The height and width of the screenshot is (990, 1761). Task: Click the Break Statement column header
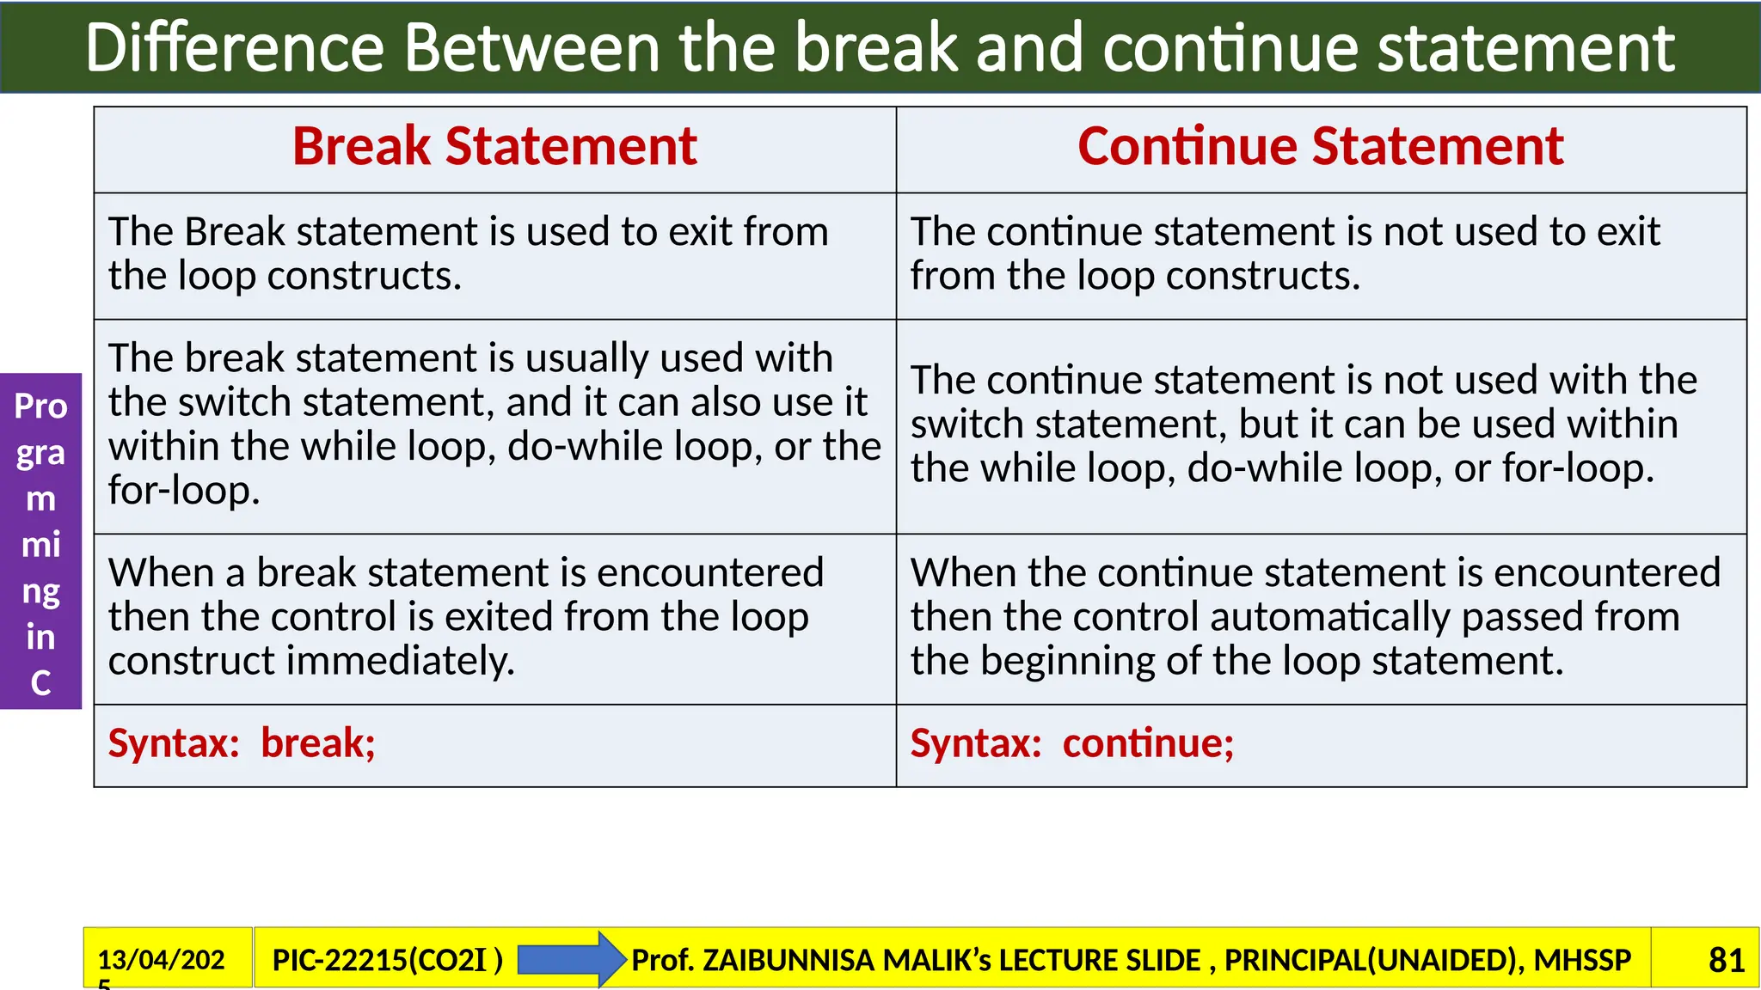point(494,147)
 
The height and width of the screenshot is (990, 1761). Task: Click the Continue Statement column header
point(1320,147)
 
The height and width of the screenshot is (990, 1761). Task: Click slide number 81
point(1726,960)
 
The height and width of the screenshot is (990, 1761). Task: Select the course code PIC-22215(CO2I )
point(387,960)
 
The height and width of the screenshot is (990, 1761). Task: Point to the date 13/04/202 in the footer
point(161,960)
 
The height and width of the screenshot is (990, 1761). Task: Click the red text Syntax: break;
point(242,743)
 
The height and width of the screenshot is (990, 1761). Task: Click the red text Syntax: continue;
point(1071,743)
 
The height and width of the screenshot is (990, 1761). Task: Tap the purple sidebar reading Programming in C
point(40,541)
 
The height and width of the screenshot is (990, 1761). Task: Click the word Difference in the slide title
point(234,48)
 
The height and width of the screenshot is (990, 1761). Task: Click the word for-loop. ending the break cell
point(183,491)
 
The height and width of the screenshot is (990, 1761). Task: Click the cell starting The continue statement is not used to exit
point(1320,254)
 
